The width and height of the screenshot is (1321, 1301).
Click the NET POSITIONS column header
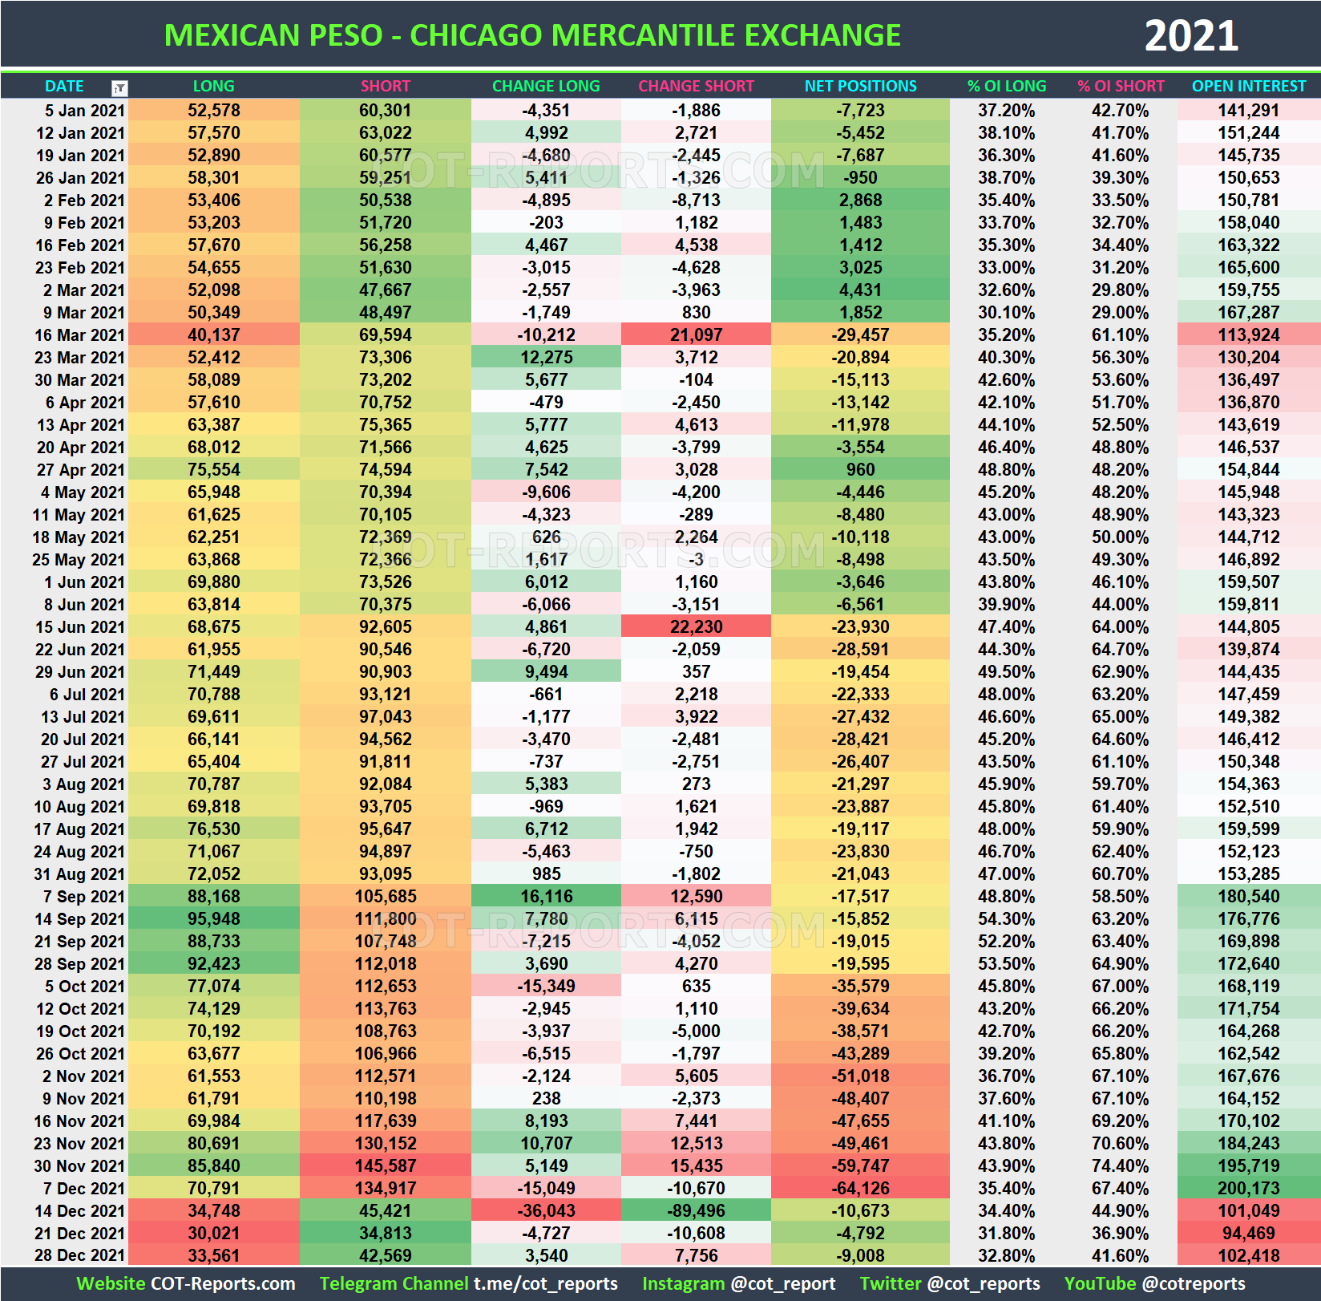coord(860,86)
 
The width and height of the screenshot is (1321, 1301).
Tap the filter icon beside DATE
coord(119,87)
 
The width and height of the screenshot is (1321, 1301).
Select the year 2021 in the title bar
coord(1190,36)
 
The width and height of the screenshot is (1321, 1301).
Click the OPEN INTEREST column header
coord(1248,86)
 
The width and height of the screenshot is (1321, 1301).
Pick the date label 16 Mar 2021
coord(79,335)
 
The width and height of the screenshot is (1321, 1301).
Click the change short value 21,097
coord(696,335)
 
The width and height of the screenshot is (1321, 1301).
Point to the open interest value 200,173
coord(1248,1189)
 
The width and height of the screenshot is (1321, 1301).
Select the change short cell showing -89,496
coord(696,1211)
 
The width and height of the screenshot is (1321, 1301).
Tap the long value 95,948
coord(213,919)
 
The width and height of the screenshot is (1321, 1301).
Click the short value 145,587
coord(386,1166)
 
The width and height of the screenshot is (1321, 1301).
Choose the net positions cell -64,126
coord(860,1189)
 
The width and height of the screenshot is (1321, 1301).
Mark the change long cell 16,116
coord(546,897)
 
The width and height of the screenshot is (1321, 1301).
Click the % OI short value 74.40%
coord(1120,1166)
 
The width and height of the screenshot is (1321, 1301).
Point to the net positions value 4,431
coord(860,290)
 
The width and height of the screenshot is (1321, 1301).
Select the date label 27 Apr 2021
coord(81,470)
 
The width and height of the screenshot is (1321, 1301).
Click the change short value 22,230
coord(696,627)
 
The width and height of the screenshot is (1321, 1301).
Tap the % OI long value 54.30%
coord(1006,919)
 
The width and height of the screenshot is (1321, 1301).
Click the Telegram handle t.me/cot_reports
coord(545,1284)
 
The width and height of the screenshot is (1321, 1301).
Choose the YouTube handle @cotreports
coord(1194,1284)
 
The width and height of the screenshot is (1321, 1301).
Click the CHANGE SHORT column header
coord(696,86)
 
